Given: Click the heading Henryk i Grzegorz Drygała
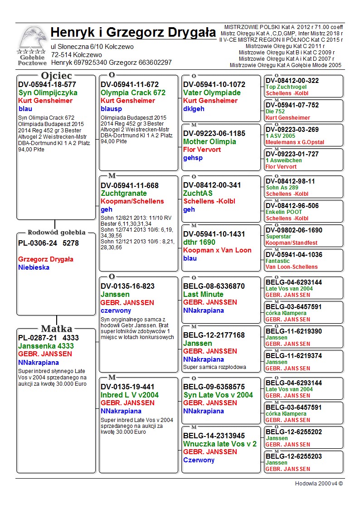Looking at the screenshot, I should tap(133, 33).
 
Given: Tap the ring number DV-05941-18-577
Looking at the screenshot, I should tap(47, 84).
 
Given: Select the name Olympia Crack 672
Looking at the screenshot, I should tap(133, 92).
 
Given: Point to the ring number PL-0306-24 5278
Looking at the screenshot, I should tap(49, 243).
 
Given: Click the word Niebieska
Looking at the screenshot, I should tap(34, 267).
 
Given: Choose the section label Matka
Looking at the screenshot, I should tap(57, 329).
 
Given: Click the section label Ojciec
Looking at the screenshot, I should tap(57, 76).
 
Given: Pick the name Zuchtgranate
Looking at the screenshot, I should tap(124, 193).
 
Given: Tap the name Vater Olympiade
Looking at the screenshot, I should tap(212, 92).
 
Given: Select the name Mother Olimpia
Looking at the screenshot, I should tap(209, 141).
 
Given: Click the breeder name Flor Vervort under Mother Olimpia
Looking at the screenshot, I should tap(202, 150).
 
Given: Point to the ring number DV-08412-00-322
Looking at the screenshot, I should tap(292, 81).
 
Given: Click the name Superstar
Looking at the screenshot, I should tap(279, 237).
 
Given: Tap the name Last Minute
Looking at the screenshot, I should tap(203, 294).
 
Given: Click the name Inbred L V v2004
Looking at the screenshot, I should tap(130, 395).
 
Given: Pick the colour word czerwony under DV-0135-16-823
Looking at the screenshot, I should tap(116, 310).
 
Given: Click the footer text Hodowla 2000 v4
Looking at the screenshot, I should tap(319, 483).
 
